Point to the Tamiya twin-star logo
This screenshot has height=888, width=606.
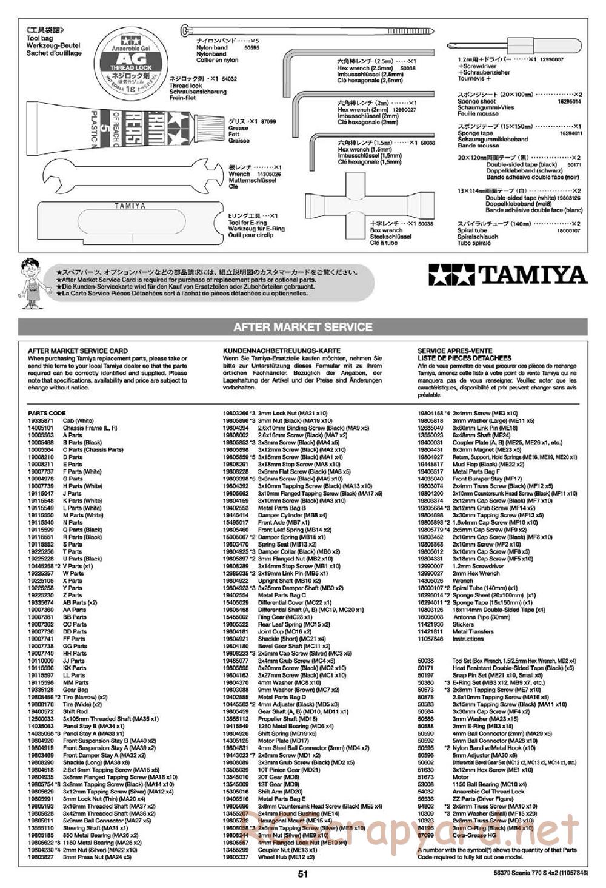pos(452,275)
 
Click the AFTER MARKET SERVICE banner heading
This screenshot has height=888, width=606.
pos(302,327)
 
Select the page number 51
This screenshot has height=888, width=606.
pos(302,874)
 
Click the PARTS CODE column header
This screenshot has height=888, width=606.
pos(47,413)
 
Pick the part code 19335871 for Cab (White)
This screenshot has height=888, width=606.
pos(41,420)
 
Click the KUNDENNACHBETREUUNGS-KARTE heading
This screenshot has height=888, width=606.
pos(273,351)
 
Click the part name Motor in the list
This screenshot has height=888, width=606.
pos(461,777)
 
